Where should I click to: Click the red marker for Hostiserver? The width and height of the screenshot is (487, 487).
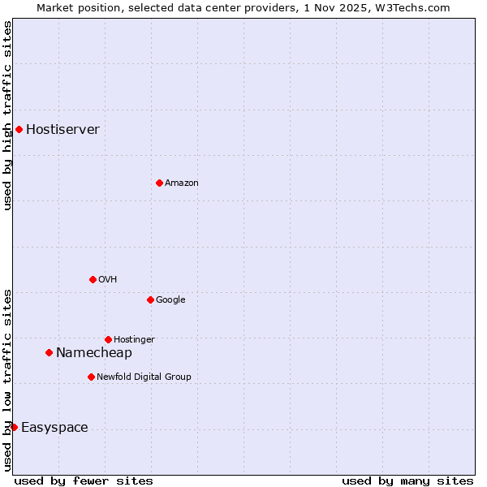point(19,129)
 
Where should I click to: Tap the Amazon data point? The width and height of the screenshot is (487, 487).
point(159,183)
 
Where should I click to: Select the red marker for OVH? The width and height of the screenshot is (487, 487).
point(93,279)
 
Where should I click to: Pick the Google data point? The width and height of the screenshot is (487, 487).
point(150,300)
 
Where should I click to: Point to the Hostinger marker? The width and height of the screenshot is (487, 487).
point(108,339)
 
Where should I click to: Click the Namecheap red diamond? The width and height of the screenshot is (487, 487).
point(49,352)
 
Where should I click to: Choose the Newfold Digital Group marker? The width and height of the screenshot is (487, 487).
point(91,377)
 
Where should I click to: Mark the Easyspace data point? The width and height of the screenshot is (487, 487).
point(14,427)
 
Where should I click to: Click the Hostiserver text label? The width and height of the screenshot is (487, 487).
point(62,129)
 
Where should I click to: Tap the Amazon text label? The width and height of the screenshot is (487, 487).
point(181,183)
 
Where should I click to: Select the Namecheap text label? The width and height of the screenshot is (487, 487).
point(93,352)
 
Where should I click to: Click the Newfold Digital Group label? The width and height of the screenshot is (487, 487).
point(144,377)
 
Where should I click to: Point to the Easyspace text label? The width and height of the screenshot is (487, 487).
point(54,428)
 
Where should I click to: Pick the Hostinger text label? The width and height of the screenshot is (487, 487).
point(134,339)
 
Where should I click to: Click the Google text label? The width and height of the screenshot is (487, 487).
point(170,300)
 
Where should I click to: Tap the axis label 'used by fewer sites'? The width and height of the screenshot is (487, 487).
point(84,481)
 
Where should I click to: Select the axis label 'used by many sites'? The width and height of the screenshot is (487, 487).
point(407,481)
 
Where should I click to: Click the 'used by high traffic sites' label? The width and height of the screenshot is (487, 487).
point(7,115)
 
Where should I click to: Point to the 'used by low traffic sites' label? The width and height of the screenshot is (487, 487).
point(7,379)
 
